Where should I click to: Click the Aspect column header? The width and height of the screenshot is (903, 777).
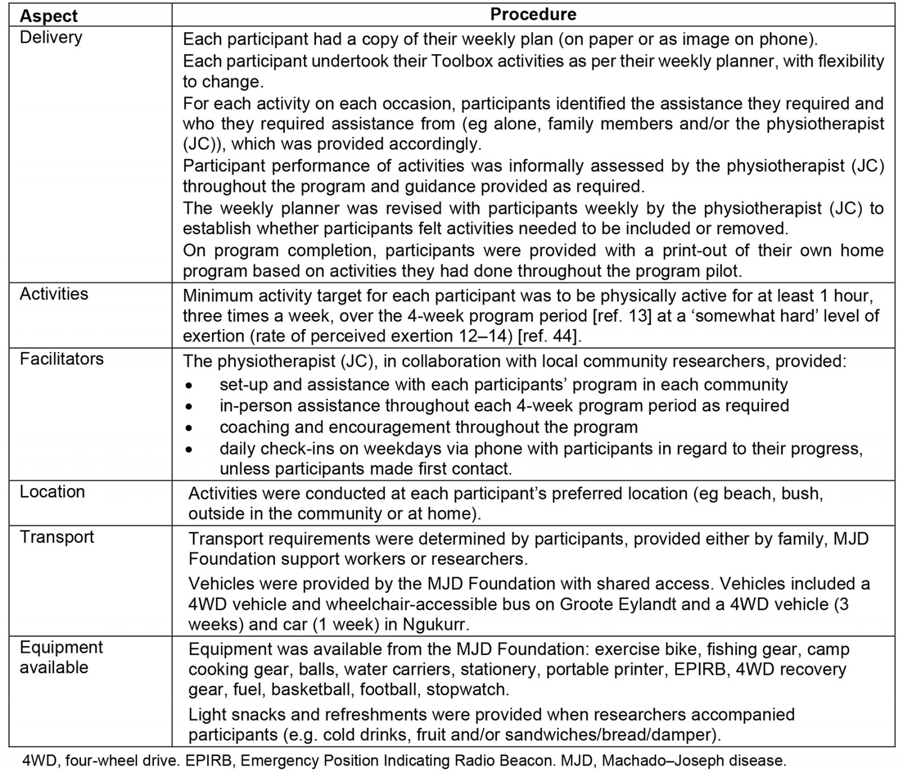point(49,15)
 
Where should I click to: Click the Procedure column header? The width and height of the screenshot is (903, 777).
point(533,14)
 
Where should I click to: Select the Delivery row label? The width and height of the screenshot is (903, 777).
point(51,37)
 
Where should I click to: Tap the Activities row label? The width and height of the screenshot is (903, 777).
point(54,293)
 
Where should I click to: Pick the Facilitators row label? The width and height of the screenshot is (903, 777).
point(62,359)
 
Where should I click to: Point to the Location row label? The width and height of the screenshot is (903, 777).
point(52,491)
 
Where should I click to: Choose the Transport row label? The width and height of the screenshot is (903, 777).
point(56,537)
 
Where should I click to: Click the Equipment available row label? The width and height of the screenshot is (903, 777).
point(61,657)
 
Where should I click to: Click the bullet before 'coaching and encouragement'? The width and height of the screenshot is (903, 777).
point(189,428)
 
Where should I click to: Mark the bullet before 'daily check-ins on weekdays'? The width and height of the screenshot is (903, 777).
point(189,450)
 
